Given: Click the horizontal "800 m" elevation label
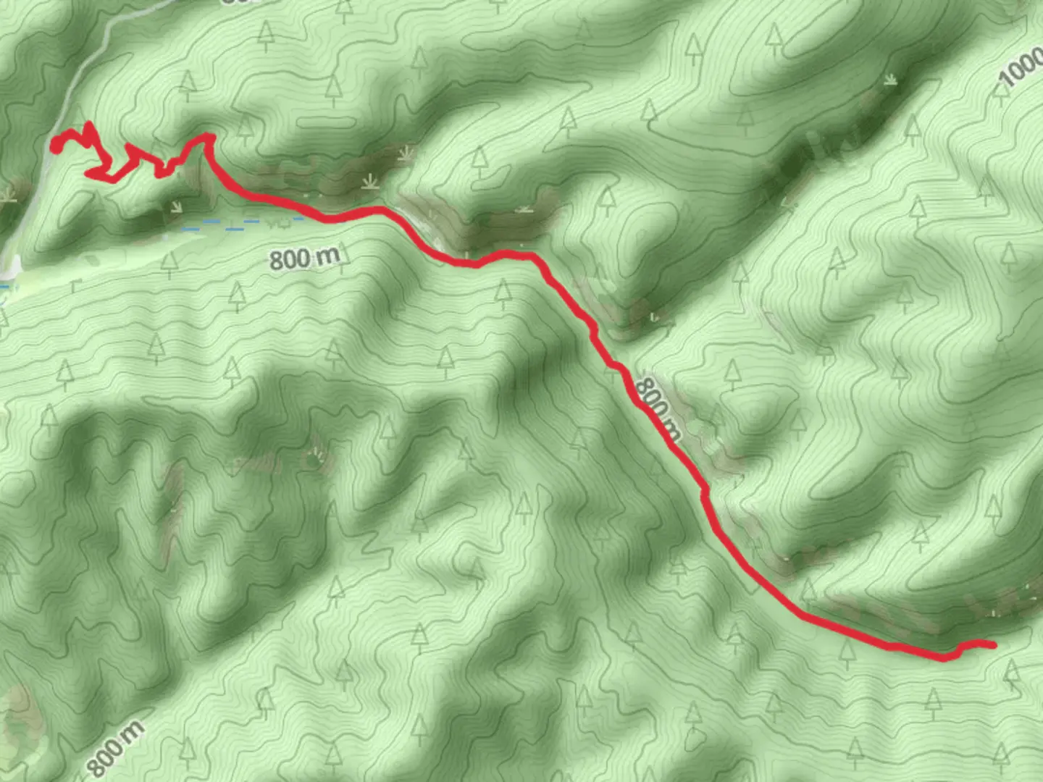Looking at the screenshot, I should point(304,257).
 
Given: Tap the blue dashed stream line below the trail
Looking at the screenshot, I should point(239,226).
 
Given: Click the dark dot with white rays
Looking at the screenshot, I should point(314,458).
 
